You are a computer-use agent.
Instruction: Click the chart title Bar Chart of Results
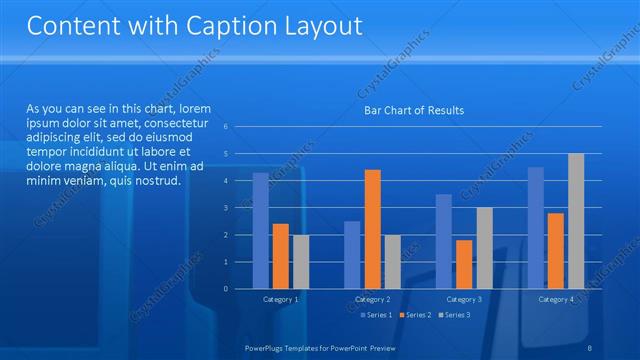point(413,110)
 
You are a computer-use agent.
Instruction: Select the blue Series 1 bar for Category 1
point(260,230)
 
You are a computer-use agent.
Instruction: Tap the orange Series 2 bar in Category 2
point(372,229)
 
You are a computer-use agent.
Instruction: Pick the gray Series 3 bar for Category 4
point(575,221)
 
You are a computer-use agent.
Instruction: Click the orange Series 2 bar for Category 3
point(464,264)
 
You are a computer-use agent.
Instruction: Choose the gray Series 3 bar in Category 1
point(301,262)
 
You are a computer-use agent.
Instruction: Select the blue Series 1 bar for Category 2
point(352,255)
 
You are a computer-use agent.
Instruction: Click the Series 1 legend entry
point(375,315)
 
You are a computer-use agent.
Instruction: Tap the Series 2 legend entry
point(414,315)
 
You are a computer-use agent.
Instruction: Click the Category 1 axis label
point(280,299)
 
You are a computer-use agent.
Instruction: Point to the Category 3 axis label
point(464,299)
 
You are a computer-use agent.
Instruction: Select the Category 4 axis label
point(556,299)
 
